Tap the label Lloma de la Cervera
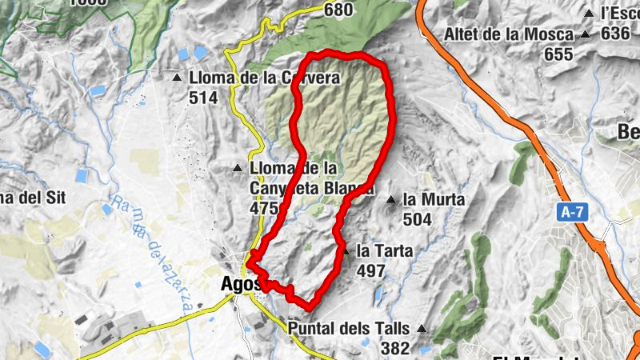tap(265, 78)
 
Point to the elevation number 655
tap(558, 54)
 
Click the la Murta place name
tap(434, 199)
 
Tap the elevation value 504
tap(418, 219)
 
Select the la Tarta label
tap(385, 251)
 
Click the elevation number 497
tap(371, 271)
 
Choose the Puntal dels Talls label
tap(349, 329)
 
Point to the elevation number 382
tap(395, 348)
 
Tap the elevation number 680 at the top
tap(339, 10)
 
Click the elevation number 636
tap(615, 34)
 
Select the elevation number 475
tap(263, 209)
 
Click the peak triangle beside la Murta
tap(391, 199)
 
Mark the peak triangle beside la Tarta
tap(346, 251)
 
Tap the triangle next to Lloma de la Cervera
tap(177, 78)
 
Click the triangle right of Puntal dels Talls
tap(422, 329)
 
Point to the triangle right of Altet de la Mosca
tap(586, 34)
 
